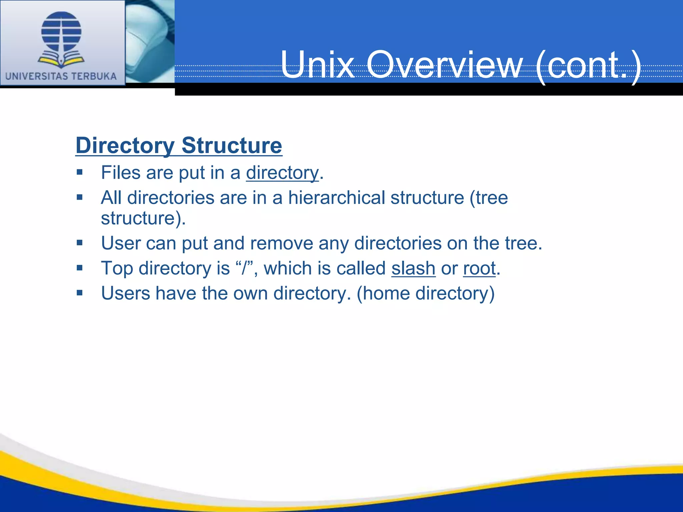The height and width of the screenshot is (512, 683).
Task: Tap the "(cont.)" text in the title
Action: tap(589, 65)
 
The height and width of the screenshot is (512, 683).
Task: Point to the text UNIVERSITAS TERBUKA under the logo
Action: tap(61, 76)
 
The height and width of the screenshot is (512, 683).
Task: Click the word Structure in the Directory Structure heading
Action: tap(232, 146)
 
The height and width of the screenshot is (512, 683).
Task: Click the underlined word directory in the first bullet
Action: tap(282, 173)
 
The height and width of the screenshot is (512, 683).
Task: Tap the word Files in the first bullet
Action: tap(121, 173)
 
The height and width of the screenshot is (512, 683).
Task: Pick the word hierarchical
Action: tap(337, 198)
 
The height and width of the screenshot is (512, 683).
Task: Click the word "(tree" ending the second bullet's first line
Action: tap(489, 198)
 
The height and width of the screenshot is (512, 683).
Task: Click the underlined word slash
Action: tap(413, 268)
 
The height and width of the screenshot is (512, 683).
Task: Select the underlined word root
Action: tap(479, 268)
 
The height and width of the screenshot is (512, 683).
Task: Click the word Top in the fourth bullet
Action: tap(117, 268)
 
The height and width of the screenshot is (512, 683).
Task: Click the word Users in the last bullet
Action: tap(125, 294)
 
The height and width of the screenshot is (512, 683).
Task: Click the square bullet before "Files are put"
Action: tap(79, 172)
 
